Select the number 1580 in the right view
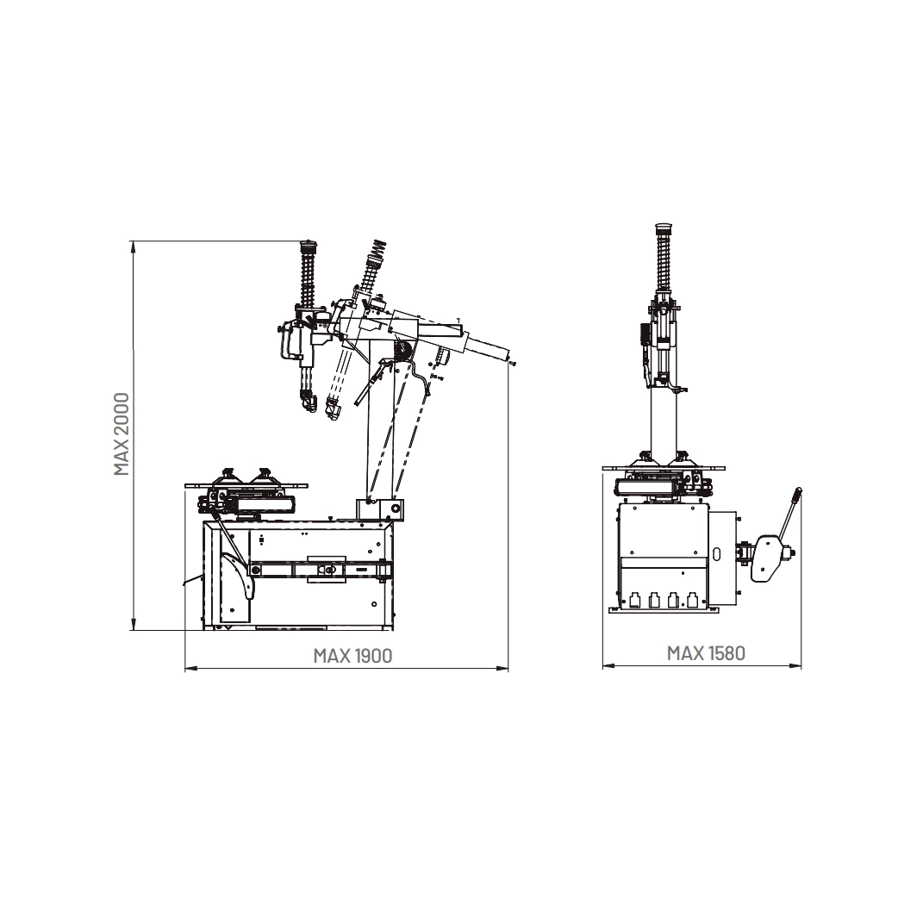click(727, 653)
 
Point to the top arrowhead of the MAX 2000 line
click(134, 246)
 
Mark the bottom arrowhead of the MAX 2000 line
click(134, 624)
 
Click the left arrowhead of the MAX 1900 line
click(191, 668)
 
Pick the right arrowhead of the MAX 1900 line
click(502, 668)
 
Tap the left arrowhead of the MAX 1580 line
click(608, 665)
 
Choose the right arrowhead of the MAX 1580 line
click(795, 665)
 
